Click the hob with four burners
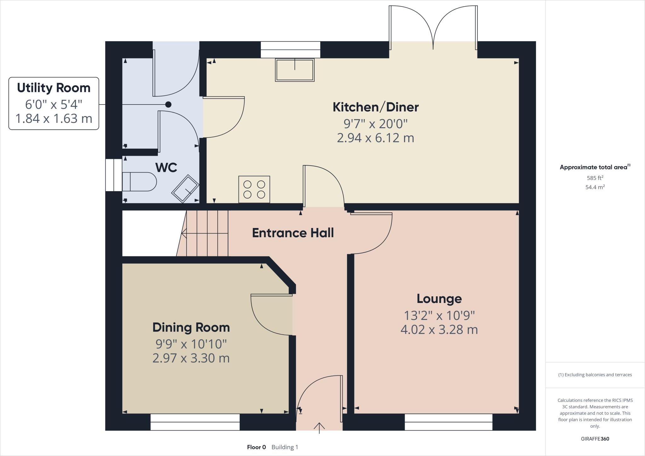(254, 189)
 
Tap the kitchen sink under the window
(294, 70)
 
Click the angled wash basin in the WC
(185, 188)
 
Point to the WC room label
(166, 168)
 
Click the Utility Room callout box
(54, 103)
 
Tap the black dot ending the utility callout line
(168, 104)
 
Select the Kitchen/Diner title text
(375, 107)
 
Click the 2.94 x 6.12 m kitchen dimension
(375, 138)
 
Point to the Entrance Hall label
(293, 233)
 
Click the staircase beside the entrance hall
(206, 233)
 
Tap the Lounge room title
(439, 299)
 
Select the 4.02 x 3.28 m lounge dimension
(439, 330)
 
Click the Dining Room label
(191, 328)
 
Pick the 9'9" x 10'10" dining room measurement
(191, 344)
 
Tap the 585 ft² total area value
(595, 178)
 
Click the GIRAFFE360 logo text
(595, 439)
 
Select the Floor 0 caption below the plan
(256, 447)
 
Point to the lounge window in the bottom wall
(448, 422)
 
